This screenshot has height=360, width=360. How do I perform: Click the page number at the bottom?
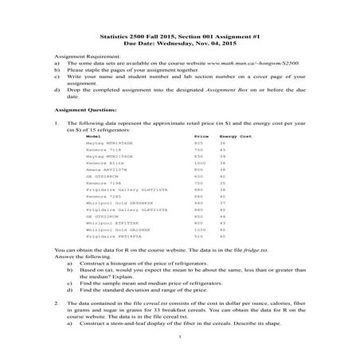[180, 350]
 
